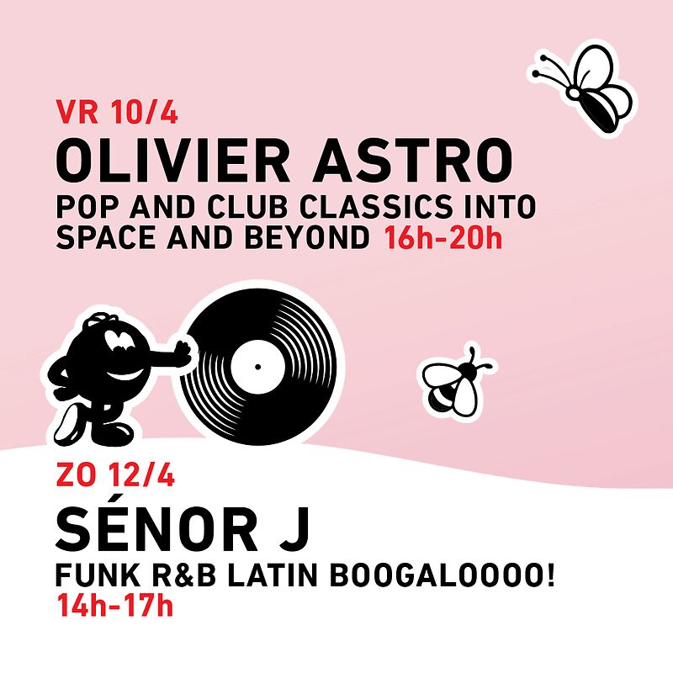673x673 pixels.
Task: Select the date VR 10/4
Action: coord(116,113)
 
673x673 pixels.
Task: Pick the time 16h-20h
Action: coord(442,240)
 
